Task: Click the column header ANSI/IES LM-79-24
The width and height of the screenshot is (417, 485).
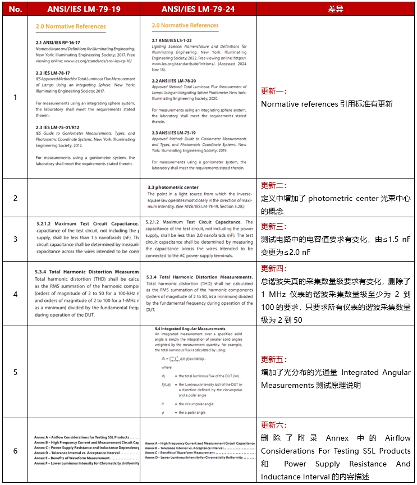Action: coord(198,9)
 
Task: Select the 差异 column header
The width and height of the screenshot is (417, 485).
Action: coord(336,9)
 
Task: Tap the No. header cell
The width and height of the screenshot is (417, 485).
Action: coord(16,9)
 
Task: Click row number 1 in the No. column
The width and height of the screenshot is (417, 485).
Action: coord(16,97)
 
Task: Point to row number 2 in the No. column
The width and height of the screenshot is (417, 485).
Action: coord(16,198)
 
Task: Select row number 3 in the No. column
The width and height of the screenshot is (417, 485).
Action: coord(16,239)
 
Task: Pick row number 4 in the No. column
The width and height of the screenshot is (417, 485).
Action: coord(16,294)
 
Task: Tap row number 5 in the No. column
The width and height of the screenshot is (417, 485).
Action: coord(16,372)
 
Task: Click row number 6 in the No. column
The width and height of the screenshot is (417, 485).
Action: coord(16,451)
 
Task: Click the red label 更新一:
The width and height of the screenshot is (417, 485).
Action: coord(274,91)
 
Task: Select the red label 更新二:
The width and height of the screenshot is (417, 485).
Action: coord(274,185)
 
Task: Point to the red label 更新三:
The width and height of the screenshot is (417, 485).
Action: coord(274,226)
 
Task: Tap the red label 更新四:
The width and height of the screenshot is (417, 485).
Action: coord(274,268)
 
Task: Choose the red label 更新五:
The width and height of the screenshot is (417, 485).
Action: coord(274,359)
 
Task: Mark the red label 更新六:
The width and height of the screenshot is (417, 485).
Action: coord(274,425)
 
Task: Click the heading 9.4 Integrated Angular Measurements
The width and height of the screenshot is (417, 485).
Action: coord(190,329)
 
